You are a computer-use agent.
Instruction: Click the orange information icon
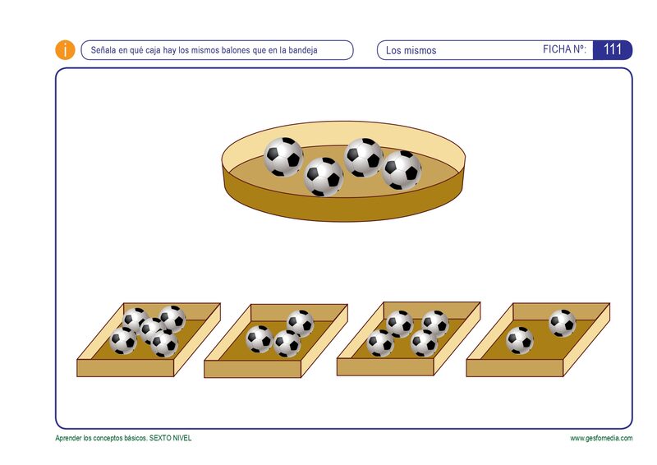click(65, 50)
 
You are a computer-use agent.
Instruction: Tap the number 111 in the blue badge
click(612, 49)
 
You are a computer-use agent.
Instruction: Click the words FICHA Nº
click(564, 49)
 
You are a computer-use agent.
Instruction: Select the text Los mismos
click(411, 50)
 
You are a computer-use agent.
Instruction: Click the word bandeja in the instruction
click(302, 50)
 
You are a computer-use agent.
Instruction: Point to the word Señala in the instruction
click(103, 50)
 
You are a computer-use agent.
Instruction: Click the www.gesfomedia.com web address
click(601, 438)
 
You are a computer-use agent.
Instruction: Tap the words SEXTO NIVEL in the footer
click(170, 438)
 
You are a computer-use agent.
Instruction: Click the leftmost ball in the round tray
click(283, 157)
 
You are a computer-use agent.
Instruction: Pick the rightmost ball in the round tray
click(402, 170)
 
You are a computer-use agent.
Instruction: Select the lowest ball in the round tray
click(324, 177)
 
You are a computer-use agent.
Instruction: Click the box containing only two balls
click(538, 339)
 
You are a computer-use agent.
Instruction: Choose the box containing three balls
click(276, 340)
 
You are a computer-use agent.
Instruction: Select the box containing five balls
click(149, 339)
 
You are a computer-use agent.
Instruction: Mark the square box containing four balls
click(408, 338)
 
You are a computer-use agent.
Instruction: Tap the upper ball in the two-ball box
click(563, 323)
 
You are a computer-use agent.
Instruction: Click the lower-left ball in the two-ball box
click(520, 340)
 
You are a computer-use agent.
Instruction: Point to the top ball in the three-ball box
click(300, 323)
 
